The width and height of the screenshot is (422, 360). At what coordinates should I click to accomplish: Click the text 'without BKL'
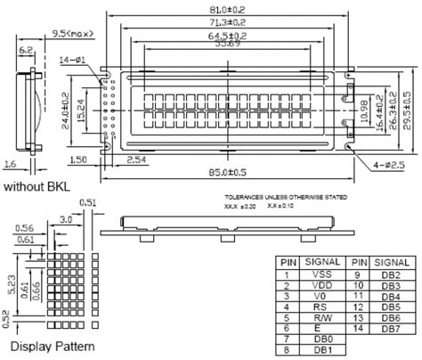pyautogui.click(x=37, y=188)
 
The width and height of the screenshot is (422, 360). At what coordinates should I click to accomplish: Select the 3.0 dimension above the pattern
pyautogui.click(x=66, y=217)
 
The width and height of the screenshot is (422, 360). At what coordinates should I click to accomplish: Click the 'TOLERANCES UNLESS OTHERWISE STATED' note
pyautogui.click(x=281, y=196)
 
